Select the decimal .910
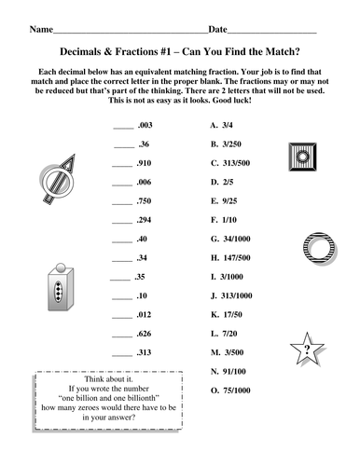click(147, 162)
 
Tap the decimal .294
click(147, 220)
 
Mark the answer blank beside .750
click(123, 202)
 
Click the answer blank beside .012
click(123, 316)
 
